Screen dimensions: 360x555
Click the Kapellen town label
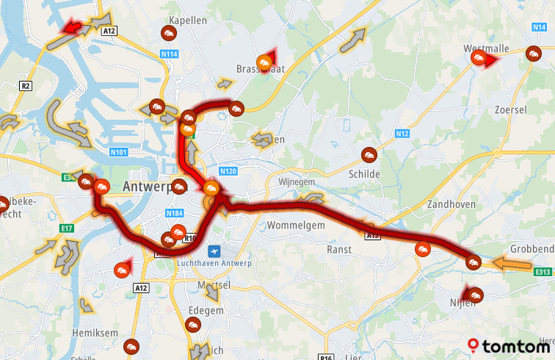187,21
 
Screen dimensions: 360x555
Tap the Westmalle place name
486,48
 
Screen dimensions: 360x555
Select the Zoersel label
511,109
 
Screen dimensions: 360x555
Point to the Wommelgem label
296,226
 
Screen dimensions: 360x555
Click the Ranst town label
339,249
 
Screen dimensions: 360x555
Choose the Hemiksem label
95,333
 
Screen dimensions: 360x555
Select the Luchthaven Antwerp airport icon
214,251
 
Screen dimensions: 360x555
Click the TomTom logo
510,345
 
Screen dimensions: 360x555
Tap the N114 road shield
170,54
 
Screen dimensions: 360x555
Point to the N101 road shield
119,153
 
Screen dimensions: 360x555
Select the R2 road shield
26,86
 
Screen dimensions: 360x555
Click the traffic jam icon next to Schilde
368,155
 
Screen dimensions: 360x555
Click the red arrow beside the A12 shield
70,28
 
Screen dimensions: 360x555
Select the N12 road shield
401,134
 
